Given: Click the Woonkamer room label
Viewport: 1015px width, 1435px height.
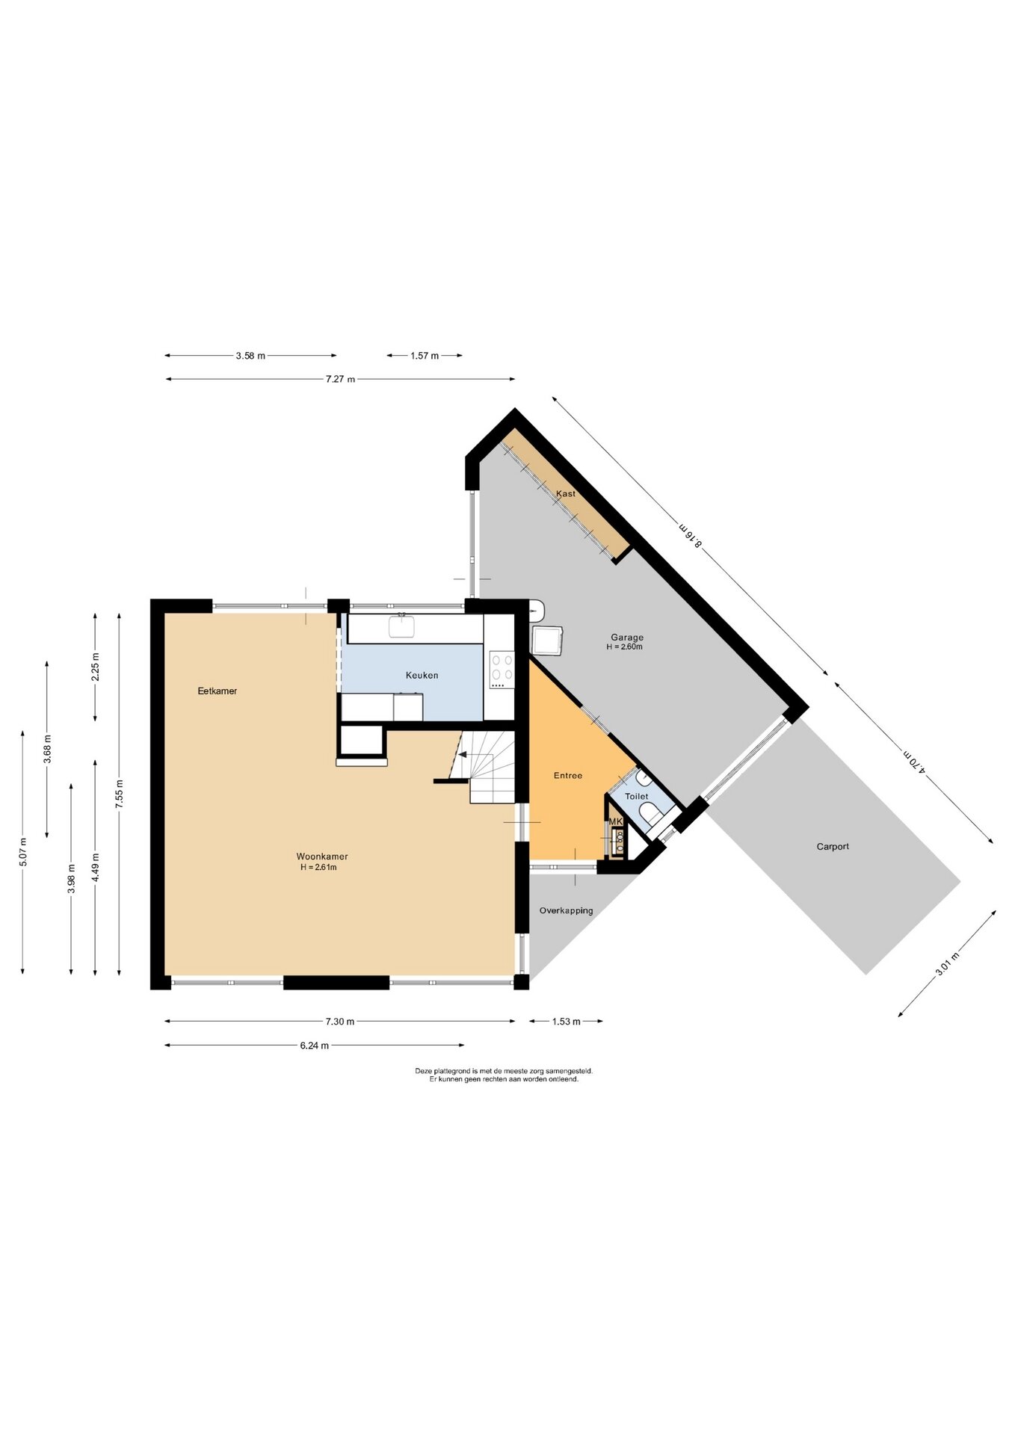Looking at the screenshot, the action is pos(322,857).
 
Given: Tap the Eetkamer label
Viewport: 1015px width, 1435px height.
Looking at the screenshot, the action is pos(217,691).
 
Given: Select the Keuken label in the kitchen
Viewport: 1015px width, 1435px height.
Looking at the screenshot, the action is pos(422,676).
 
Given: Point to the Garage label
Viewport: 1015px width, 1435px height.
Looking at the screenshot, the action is pos(626,638).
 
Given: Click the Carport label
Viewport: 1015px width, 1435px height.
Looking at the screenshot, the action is pos(833,847).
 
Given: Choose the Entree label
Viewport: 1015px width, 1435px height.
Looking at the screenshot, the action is pos(568,776).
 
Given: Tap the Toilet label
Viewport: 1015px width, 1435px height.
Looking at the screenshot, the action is pos(637,797).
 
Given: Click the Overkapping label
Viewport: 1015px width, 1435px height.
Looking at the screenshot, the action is pos(567,911).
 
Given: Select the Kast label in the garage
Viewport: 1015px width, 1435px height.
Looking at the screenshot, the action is pos(566,494).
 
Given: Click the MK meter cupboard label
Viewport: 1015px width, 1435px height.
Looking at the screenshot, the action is pos(616,821).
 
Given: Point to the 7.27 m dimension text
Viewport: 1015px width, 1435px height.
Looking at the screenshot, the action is pos(340,380).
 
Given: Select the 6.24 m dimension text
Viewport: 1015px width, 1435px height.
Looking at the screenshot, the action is pos(315,1046).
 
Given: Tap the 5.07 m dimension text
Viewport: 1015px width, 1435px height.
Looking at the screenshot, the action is pos(23,853).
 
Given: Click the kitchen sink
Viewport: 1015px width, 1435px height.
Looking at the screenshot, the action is pos(401,626).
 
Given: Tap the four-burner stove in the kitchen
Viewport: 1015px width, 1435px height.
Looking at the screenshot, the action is pos(502,670).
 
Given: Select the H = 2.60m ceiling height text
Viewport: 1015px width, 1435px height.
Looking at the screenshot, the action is pos(624,647).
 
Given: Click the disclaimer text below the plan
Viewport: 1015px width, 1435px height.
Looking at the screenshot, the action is pos(504,1075).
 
